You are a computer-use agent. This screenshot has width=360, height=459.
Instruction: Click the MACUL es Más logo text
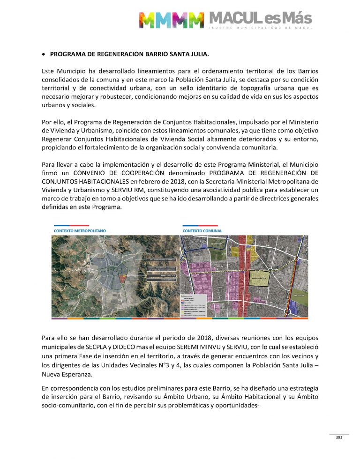(x=261, y=19)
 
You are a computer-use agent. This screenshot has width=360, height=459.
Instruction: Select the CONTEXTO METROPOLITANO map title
(x=79, y=231)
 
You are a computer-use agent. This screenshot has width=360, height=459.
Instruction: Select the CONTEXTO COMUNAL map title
(x=202, y=231)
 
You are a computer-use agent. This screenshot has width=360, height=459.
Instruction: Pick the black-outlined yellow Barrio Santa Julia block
(x=260, y=277)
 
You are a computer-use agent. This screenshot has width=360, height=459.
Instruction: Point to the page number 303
(x=339, y=438)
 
